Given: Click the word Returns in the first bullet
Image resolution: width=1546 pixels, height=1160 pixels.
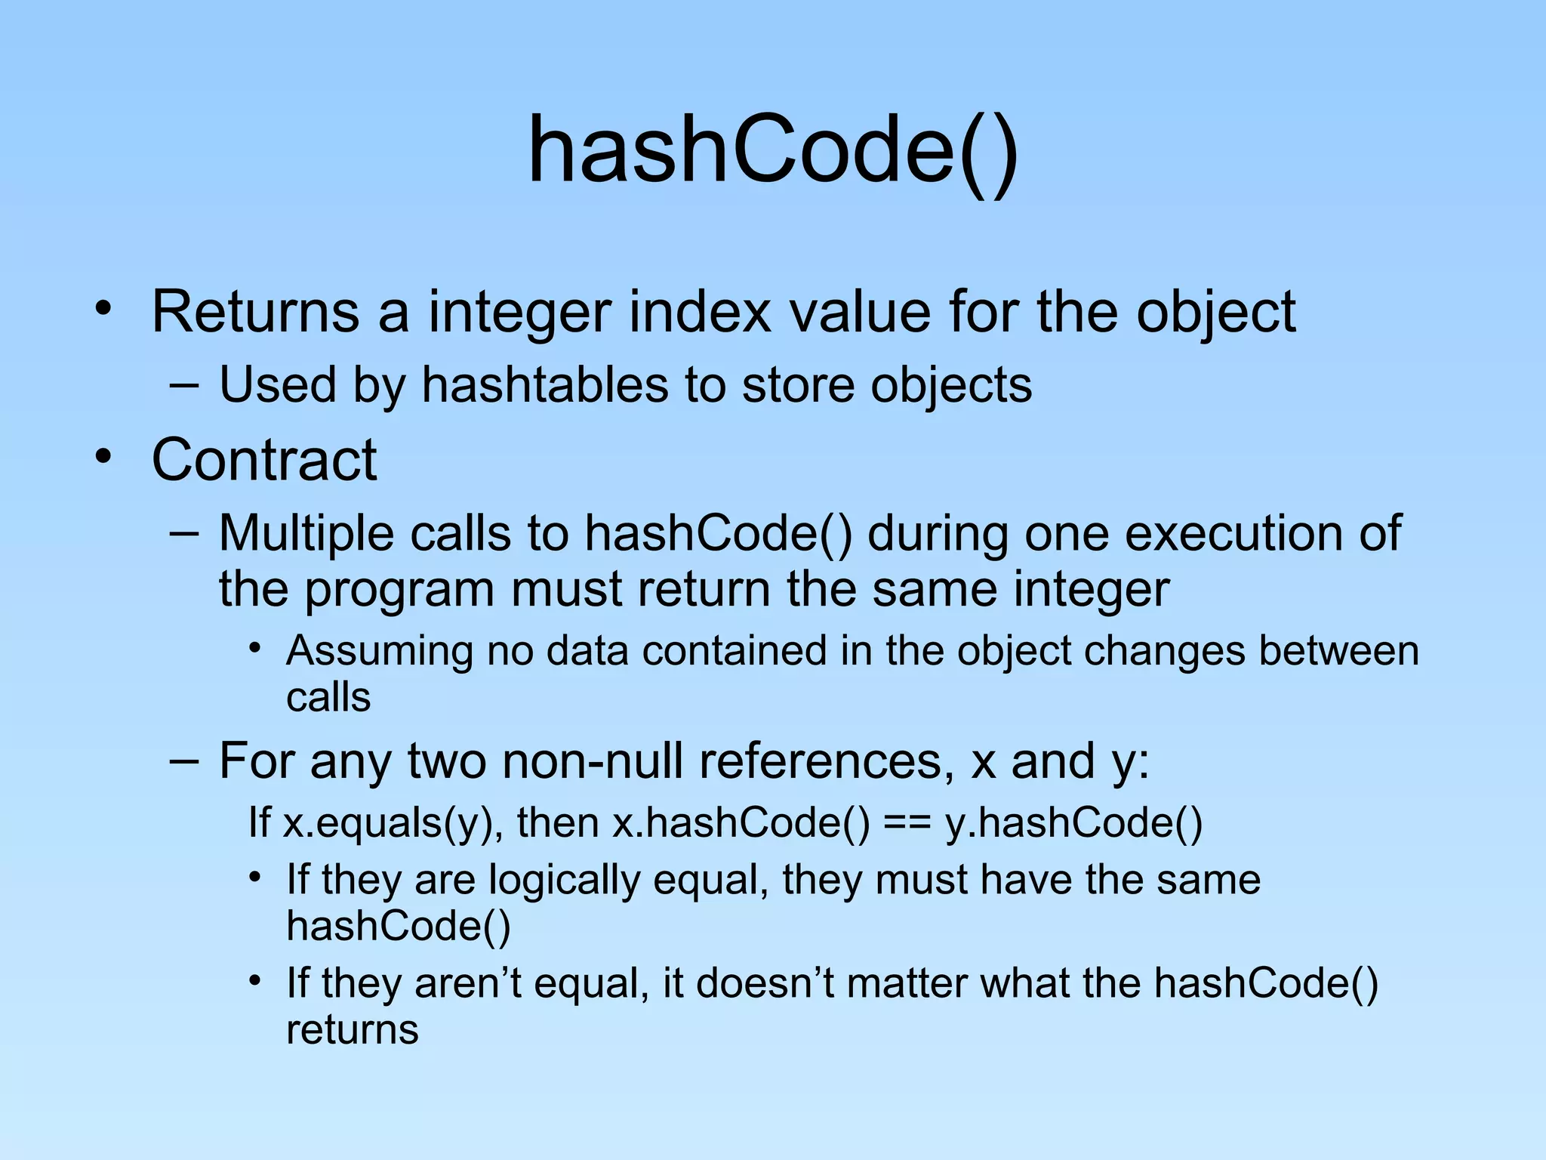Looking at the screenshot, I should click(x=255, y=312).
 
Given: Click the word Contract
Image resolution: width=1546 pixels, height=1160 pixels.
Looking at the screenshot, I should click(x=264, y=460).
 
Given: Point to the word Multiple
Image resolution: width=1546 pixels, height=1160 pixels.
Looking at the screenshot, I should click(x=306, y=534).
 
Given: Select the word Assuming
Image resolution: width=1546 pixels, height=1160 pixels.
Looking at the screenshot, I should click(x=380, y=652).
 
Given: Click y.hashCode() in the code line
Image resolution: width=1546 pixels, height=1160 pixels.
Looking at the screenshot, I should click(x=1073, y=823).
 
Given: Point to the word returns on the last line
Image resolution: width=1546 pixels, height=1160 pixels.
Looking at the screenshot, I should click(x=352, y=1030).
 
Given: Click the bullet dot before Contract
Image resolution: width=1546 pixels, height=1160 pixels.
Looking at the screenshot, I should click(x=103, y=457).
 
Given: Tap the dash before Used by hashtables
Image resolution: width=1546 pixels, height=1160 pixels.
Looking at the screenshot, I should click(x=184, y=386).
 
